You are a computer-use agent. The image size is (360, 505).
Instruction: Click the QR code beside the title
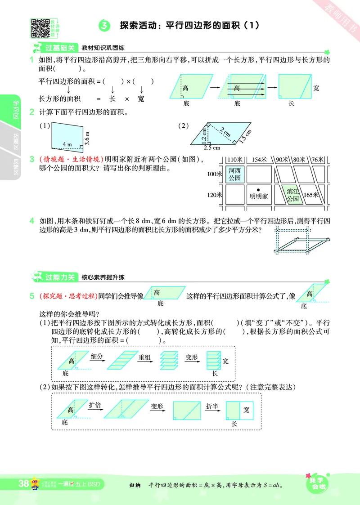click(40, 28)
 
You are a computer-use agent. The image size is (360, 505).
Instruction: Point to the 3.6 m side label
click(88, 139)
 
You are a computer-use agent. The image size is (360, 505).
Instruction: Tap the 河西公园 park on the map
click(234, 174)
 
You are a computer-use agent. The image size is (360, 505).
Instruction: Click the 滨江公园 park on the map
click(292, 195)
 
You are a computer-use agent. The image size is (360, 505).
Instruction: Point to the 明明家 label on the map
click(259, 196)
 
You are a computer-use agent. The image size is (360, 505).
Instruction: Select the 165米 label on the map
click(311, 195)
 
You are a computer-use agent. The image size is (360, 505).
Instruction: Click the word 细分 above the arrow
click(97, 357)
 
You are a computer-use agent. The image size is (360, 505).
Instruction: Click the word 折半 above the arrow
click(212, 406)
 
